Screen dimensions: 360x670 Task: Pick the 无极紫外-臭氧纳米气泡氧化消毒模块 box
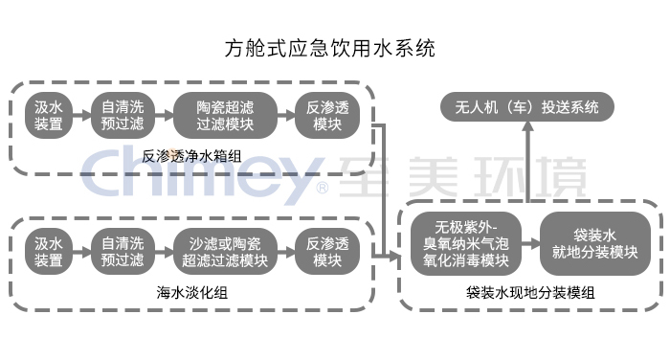(x=466, y=244)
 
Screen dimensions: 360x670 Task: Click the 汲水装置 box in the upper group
(x=49, y=114)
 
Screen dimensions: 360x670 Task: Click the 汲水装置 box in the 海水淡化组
(x=49, y=251)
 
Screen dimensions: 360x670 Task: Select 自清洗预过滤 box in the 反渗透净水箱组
(x=123, y=114)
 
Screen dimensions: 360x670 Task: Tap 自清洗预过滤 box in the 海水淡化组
(x=123, y=251)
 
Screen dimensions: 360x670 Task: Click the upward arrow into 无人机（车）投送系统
(x=525, y=163)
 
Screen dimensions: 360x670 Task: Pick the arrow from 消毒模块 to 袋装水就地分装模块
(x=532, y=244)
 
